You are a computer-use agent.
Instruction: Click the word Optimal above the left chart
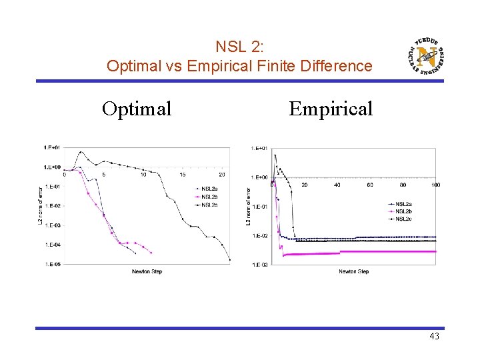click(137, 108)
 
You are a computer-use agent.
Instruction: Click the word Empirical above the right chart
click(331, 108)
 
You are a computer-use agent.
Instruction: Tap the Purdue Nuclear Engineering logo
click(425, 57)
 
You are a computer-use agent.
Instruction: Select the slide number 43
click(434, 337)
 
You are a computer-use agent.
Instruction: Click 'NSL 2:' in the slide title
click(239, 47)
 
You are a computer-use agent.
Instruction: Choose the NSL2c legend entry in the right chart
click(403, 219)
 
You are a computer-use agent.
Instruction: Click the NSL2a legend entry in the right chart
click(403, 204)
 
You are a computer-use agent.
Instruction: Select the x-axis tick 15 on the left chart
click(183, 175)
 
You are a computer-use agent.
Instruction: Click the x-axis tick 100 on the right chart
click(435, 185)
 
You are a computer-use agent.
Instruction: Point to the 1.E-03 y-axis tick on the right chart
click(260, 265)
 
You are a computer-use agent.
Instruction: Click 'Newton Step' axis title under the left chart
click(147, 272)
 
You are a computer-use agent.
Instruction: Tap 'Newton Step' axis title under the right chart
click(353, 272)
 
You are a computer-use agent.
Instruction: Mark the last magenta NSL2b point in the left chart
click(151, 253)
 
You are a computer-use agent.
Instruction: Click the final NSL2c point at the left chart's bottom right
click(230, 260)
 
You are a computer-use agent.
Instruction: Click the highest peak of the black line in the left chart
click(81, 152)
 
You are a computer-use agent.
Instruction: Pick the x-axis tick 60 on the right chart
click(370, 185)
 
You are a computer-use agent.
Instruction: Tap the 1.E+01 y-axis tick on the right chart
click(260, 148)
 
